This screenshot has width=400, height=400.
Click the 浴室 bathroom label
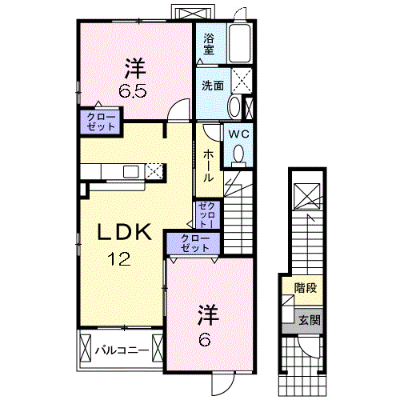pyautogui.click(x=209, y=44)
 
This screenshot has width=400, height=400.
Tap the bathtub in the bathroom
pyautogui.click(x=240, y=43)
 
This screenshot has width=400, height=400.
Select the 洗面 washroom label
pyautogui.click(x=213, y=86)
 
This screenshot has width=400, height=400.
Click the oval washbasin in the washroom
pyautogui.click(x=234, y=106)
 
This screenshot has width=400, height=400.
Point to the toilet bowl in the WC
pyautogui.click(x=238, y=154)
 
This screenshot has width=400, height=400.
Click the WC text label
pyautogui.click(x=238, y=134)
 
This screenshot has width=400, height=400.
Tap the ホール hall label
pyautogui.click(x=208, y=166)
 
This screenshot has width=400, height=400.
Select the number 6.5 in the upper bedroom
pyautogui.click(x=133, y=92)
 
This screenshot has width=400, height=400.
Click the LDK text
pyautogui.click(x=125, y=232)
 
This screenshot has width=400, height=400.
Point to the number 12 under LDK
pyautogui.click(x=119, y=258)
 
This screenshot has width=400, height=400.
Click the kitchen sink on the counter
pyautogui.click(x=131, y=171)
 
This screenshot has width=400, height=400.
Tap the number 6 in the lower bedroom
pyautogui.click(x=204, y=340)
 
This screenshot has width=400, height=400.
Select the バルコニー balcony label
pyautogui.click(x=122, y=350)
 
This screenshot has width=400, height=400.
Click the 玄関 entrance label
pyautogui.click(x=310, y=320)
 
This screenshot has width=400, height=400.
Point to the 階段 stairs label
pyautogui.click(x=306, y=288)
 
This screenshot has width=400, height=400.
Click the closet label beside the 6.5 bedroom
pyautogui.click(x=101, y=122)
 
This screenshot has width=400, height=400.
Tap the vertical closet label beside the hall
pyautogui.click(x=207, y=215)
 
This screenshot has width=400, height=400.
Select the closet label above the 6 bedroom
pyautogui.click(x=195, y=243)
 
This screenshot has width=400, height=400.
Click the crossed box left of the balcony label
pyautogui.click(x=86, y=348)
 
